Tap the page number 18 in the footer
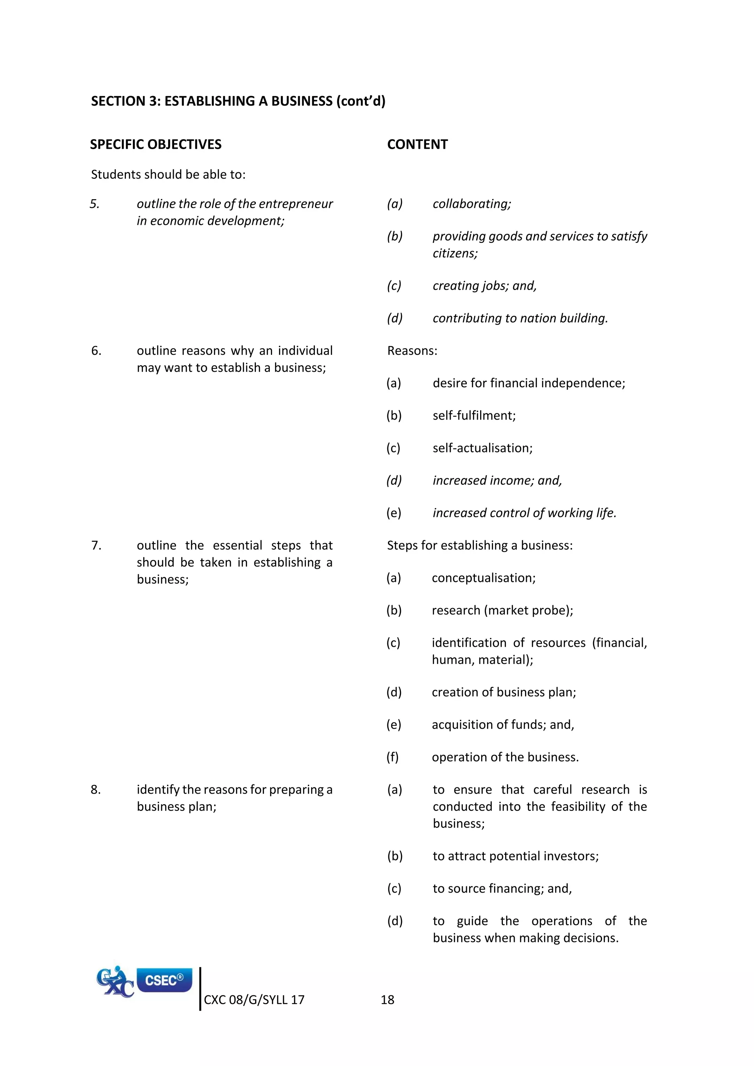pyautogui.click(x=387, y=1000)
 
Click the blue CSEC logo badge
pyautogui.click(x=164, y=980)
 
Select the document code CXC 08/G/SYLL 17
pyautogui.click(x=254, y=1000)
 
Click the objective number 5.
pyautogui.click(x=95, y=204)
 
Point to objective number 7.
pyautogui.click(x=96, y=545)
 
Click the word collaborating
pyautogui.click(x=471, y=204)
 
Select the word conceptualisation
pyautogui.click(x=483, y=578)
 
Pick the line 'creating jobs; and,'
pyautogui.click(x=484, y=286)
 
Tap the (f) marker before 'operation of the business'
pyautogui.click(x=392, y=757)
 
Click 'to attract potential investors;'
pyautogui.click(x=515, y=856)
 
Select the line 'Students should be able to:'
pyautogui.click(x=168, y=174)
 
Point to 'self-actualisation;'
pyautogui.click(x=482, y=448)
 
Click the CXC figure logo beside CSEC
pyautogui.click(x=115, y=982)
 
